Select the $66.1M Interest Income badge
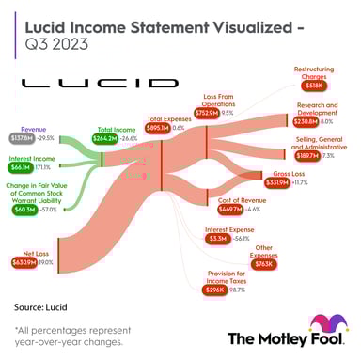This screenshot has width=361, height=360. [x=20, y=167]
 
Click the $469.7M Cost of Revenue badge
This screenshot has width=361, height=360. [x=231, y=210]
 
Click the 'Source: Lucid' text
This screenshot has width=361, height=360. [x=41, y=306]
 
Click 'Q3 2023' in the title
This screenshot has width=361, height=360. [x=52, y=42]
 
